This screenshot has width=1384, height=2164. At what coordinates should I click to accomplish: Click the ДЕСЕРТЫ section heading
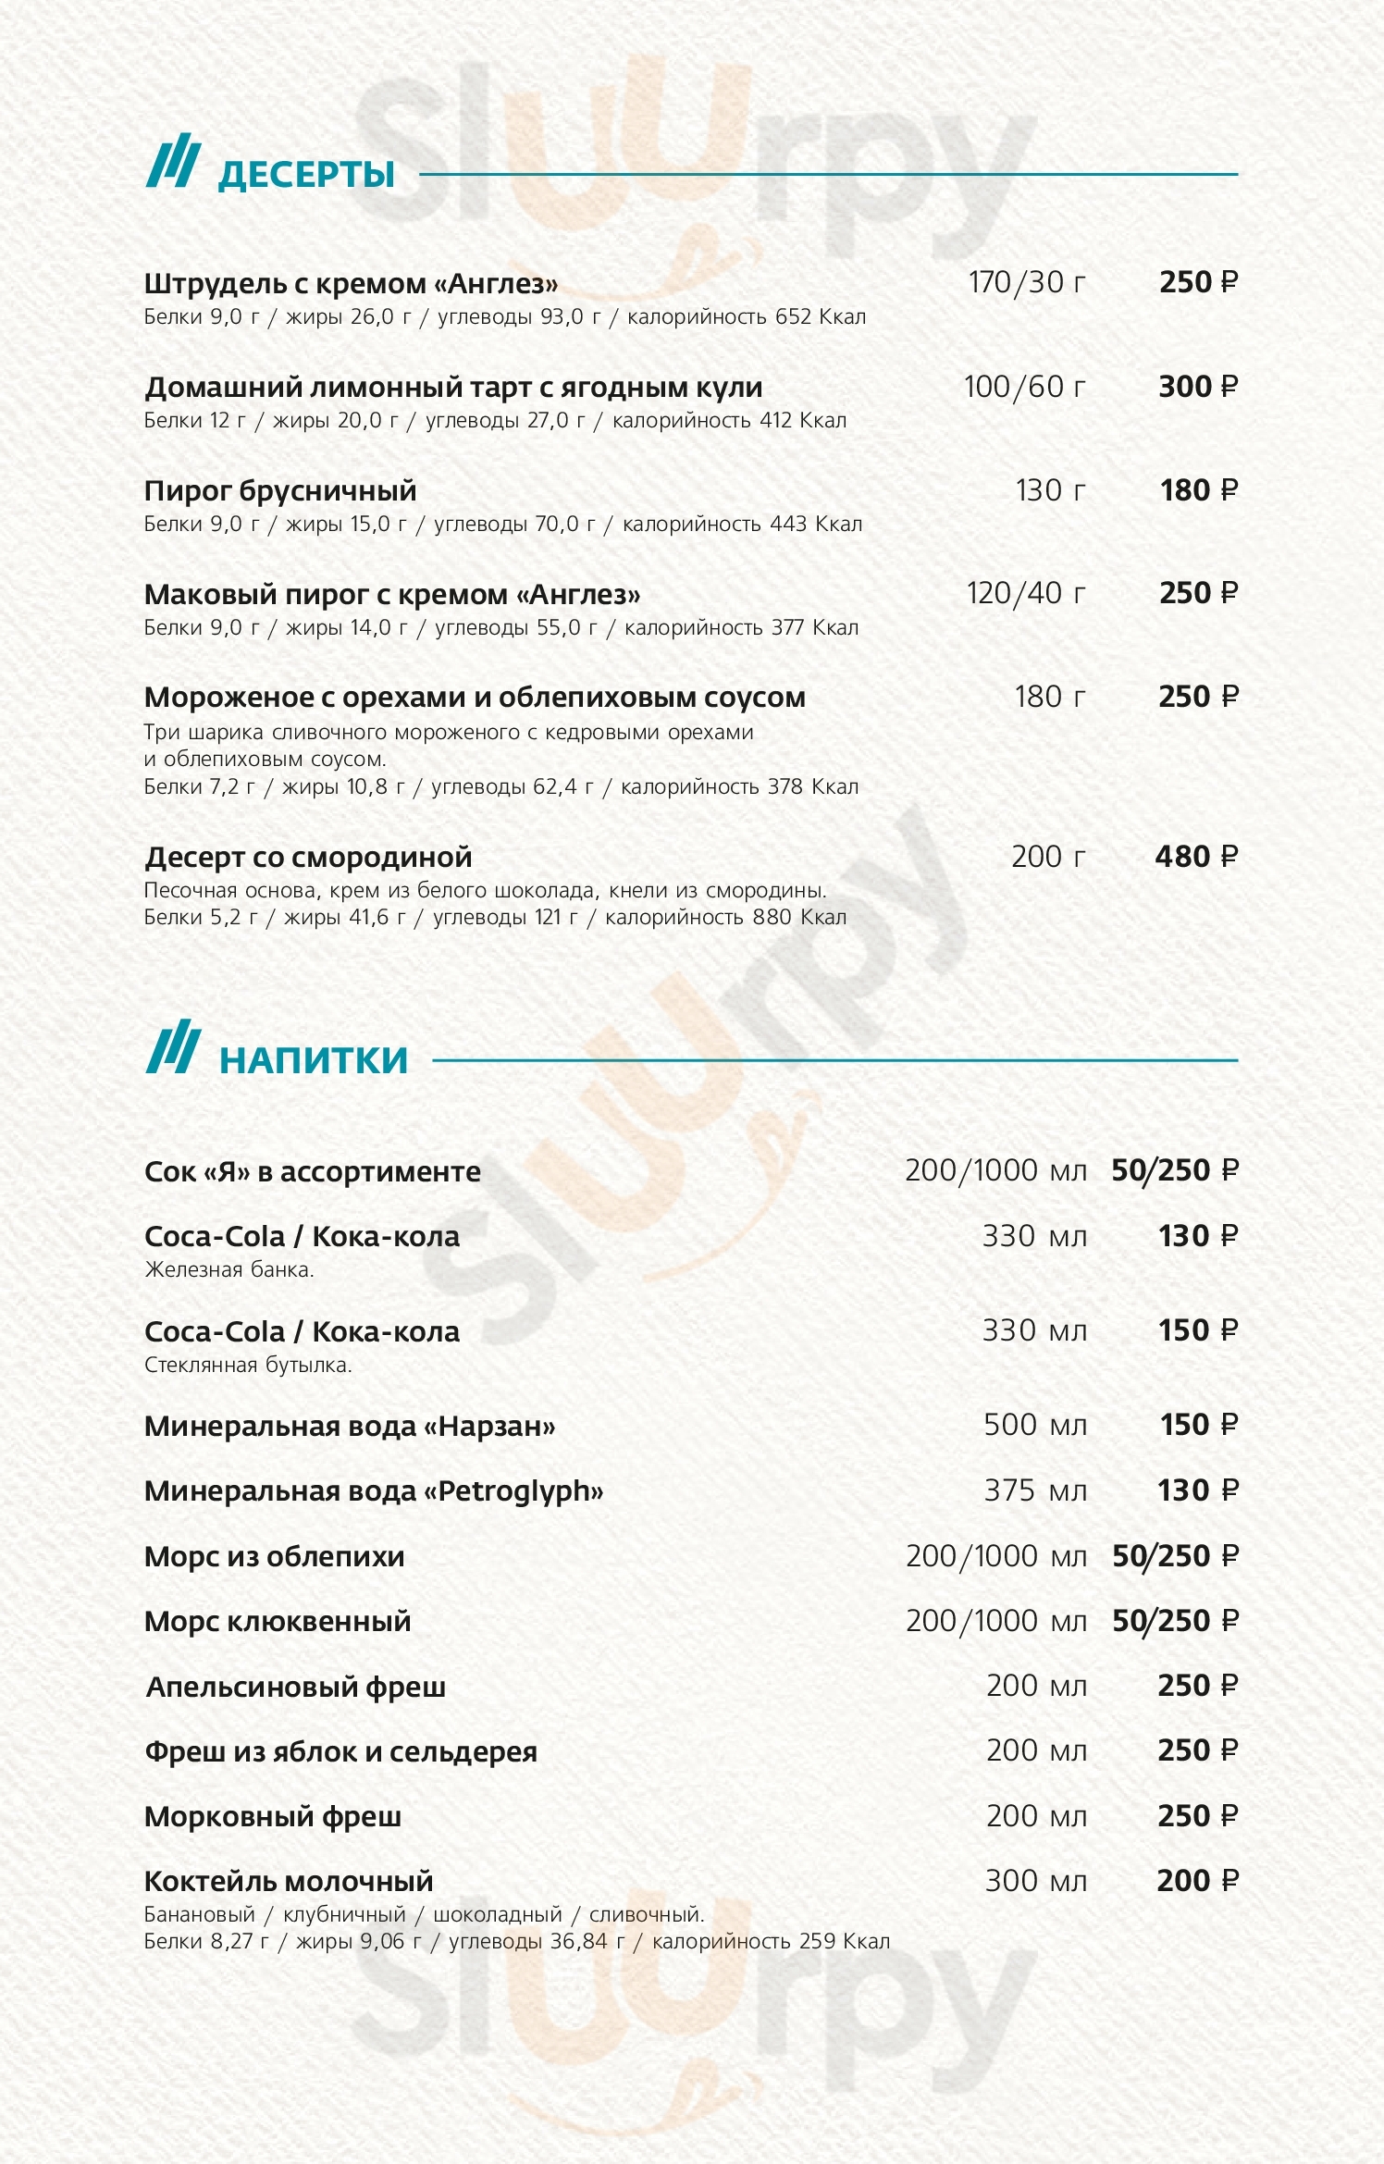306,175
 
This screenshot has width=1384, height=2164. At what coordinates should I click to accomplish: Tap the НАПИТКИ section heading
314,1060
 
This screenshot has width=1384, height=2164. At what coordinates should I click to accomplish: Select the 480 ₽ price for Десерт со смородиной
1195,857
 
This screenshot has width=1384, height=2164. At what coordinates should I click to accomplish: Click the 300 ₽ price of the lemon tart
1197,386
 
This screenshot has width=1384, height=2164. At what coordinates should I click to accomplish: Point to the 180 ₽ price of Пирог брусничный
1198,489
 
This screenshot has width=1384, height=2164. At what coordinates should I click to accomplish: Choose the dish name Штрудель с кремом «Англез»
351,284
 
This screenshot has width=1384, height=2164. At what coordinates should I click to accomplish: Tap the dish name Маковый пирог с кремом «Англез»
392,594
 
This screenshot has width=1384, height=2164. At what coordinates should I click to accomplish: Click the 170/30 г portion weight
1026,282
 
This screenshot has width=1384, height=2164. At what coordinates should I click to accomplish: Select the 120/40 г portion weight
1025,593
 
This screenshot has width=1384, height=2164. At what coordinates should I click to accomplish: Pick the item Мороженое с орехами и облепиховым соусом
475,698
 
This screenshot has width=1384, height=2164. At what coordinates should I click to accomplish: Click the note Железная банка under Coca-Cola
229,1270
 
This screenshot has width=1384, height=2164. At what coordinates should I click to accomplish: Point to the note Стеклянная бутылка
248,1365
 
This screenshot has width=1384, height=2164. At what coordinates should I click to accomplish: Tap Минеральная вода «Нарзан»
350,1427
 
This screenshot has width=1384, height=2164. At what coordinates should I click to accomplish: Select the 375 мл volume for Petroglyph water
1034,1490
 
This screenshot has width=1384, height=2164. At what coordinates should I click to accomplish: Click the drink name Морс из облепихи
275,1557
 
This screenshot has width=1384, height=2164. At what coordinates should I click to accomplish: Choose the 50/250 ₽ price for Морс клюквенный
1174,1621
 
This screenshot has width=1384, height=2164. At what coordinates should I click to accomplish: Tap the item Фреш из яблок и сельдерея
340,1752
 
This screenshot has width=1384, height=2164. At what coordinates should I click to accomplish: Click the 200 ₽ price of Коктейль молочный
1196,1880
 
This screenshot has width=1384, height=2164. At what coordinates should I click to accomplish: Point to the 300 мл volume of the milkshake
1035,1880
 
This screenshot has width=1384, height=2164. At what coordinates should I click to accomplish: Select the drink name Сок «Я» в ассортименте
313,1172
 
